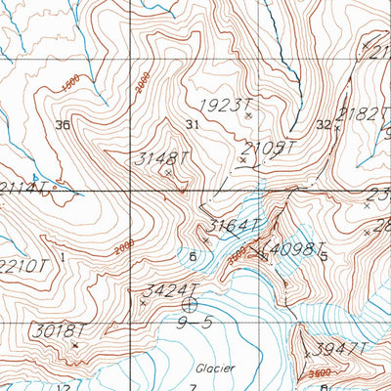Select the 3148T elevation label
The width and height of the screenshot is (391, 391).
click(x=157, y=157)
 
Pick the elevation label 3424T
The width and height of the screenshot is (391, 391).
click(x=171, y=289)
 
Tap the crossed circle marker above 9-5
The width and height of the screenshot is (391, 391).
click(x=189, y=305)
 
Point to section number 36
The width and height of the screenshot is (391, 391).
click(x=65, y=124)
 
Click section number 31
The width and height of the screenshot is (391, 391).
click(x=192, y=124)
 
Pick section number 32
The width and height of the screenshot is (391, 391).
click(x=324, y=124)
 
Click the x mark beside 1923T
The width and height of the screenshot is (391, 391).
click(x=248, y=115)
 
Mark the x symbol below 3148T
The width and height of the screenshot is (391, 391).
click(x=168, y=173)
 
